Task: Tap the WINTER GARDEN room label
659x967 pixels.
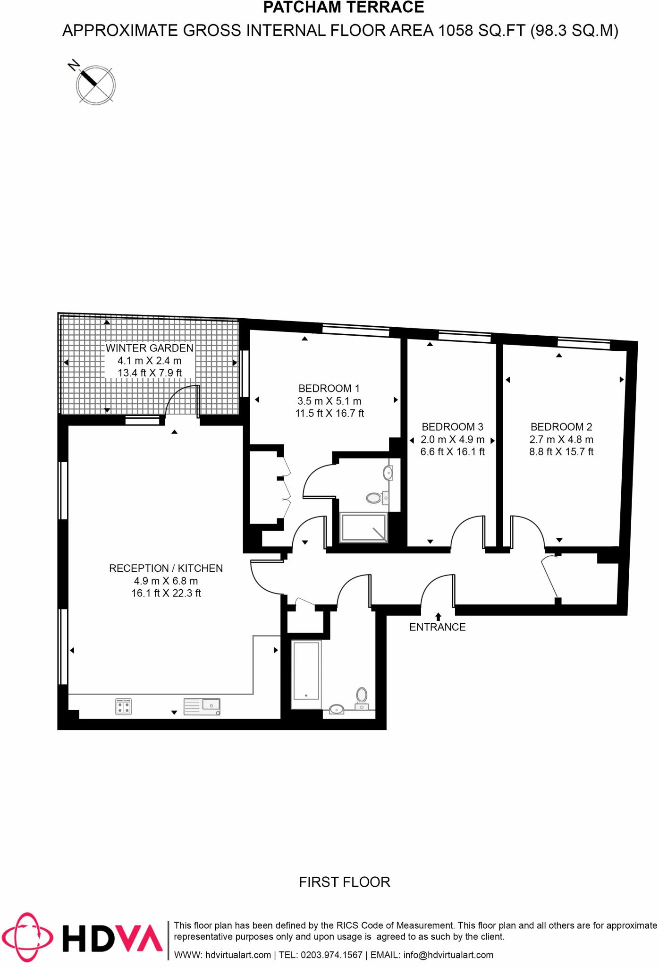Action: pyautogui.click(x=149, y=348)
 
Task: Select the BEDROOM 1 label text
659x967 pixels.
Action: pyautogui.click(x=329, y=389)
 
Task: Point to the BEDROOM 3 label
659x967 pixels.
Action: pyautogui.click(x=452, y=427)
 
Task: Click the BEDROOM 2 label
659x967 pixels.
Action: pyautogui.click(x=561, y=427)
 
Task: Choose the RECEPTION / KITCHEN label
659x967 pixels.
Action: pyautogui.click(x=166, y=568)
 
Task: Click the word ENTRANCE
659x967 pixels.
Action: pyautogui.click(x=437, y=627)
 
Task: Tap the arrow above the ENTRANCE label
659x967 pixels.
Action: pyautogui.click(x=438, y=616)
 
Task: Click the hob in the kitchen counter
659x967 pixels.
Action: pyautogui.click(x=123, y=706)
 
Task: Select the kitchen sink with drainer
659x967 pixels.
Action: pyautogui.click(x=202, y=706)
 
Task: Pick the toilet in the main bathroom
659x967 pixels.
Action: pyautogui.click(x=362, y=697)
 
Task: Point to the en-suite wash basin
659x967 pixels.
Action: pyautogui.click(x=388, y=472)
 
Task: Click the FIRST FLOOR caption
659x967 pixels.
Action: pyautogui.click(x=344, y=882)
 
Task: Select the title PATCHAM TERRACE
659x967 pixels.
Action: pyautogui.click(x=343, y=8)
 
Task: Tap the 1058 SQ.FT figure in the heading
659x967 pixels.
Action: pyautogui.click(x=482, y=31)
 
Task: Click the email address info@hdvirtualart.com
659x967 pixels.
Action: pyautogui.click(x=448, y=955)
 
